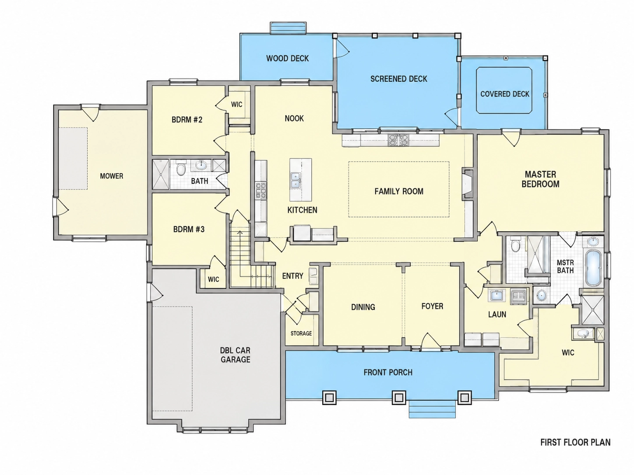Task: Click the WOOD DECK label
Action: (287, 58)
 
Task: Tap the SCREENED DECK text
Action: (398, 79)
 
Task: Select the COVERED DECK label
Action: (504, 94)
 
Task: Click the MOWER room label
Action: (112, 176)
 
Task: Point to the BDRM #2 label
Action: (187, 119)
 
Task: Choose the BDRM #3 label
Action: (189, 229)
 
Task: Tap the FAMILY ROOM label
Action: (399, 191)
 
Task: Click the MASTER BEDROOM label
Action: (540, 179)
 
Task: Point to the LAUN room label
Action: (497, 314)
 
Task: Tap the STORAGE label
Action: (301, 333)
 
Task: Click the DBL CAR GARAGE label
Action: (236, 355)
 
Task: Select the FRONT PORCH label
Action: (388, 372)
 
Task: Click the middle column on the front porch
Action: (399, 398)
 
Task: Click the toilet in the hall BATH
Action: (181, 170)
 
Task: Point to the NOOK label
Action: (294, 118)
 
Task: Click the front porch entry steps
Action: (432, 409)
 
